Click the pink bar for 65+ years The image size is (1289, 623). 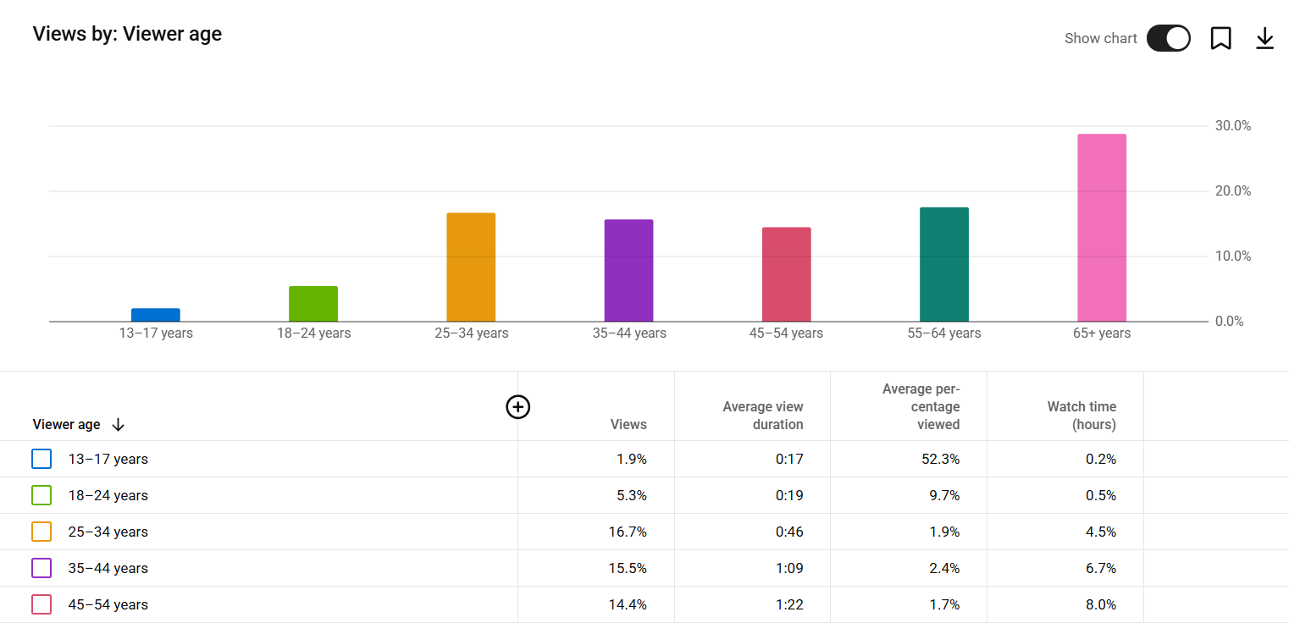click(1101, 228)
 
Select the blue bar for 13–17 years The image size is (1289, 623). click(156, 315)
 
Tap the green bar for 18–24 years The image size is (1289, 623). click(313, 304)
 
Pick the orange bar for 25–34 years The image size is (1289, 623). click(471, 267)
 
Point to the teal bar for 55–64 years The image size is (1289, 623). click(943, 264)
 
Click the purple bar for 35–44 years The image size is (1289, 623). click(628, 271)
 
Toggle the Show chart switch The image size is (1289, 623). click(1168, 38)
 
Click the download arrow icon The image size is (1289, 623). click(1264, 38)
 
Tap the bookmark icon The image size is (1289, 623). click(1220, 38)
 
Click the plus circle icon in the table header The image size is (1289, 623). click(517, 407)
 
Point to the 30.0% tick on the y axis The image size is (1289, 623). click(1233, 126)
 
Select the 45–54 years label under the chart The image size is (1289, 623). click(786, 334)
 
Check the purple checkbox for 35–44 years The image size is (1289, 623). click(41, 568)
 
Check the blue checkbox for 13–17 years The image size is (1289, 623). click(41, 459)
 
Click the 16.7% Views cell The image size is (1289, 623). click(628, 532)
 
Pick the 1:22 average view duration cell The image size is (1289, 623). click(789, 604)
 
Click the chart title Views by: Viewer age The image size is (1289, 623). click(127, 34)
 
